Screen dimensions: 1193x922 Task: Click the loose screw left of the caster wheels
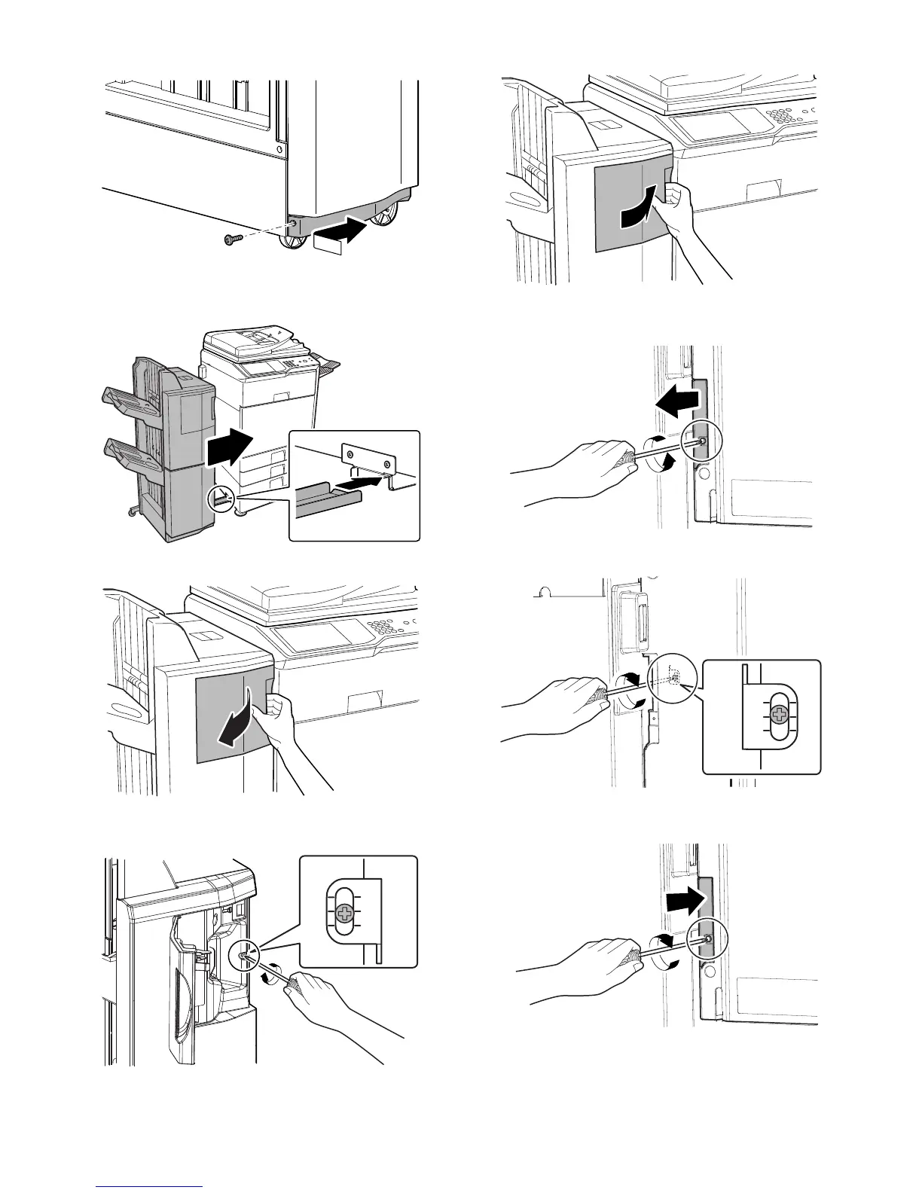coord(230,240)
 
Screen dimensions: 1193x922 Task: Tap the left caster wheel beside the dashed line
coord(290,242)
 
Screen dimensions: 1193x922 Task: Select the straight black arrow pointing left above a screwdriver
coord(675,404)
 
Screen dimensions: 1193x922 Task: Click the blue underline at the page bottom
coord(150,1186)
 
